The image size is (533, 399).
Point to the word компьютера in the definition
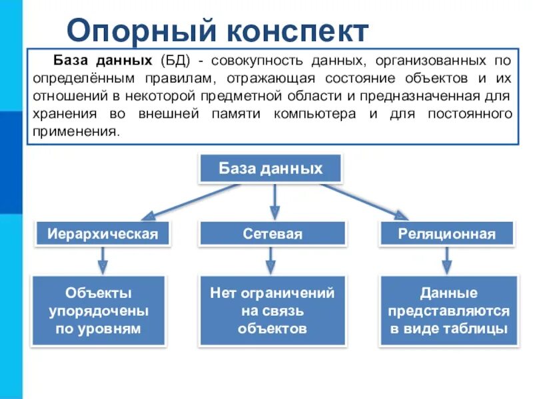click(x=313, y=114)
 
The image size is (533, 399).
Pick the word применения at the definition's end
click(x=75, y=131)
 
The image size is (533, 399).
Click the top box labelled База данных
click(x=270, y=168)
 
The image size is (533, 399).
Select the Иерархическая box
click(x=103, y=233)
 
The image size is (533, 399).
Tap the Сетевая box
click(x=272, y=233)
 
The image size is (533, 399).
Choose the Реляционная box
click(x=447, y=233)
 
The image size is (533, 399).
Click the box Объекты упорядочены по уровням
click(x=99, y=311)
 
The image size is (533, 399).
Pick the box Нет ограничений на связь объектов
click(x=272, y=311)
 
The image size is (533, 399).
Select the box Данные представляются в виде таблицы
click(x=449, y=311)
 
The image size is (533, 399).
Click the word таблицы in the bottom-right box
click(x=478, y=328)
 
